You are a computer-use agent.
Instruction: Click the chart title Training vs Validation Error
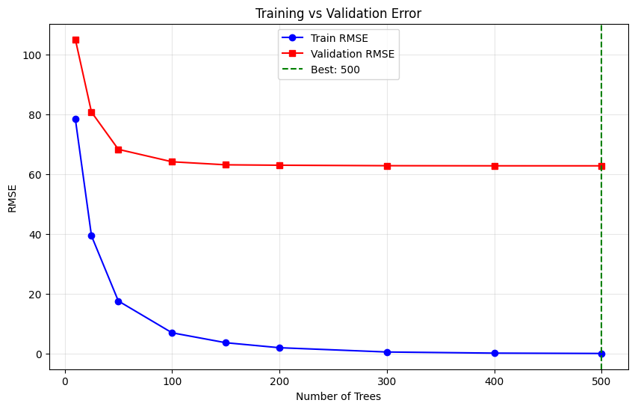click(338, 13)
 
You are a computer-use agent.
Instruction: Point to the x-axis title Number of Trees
click(338, 396)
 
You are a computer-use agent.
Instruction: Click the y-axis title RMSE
click(13, 199)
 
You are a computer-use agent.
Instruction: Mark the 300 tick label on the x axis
click(387, 381)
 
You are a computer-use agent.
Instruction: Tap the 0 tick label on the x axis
click(65, 381)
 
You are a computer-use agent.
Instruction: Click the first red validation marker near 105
click(75, 40)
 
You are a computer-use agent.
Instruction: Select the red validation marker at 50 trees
click(118, 150)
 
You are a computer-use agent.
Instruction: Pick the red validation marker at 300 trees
click(387, 166)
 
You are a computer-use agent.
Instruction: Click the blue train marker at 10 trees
click(75, 119)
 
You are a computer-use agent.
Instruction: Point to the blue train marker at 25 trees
click(91, 236)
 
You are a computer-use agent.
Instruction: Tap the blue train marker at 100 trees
click(172, 333)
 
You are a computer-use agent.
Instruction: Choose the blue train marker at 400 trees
click(495, 353)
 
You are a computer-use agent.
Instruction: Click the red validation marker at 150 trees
click(226, 164)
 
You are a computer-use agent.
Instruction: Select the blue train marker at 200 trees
click(279, 348)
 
